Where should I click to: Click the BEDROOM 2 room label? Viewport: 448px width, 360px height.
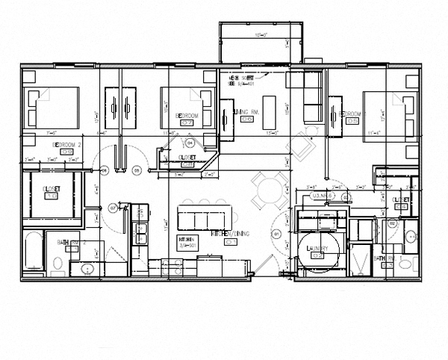tap(66, 142)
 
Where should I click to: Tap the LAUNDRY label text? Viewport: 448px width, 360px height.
tap(317, 246)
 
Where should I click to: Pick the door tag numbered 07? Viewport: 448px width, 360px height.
tap(113, 208)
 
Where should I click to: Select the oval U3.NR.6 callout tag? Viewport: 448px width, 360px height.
tap(322, 195)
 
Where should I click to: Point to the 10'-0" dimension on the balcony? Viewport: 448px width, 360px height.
tap(261, 34)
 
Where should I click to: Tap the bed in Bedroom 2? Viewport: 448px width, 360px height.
tap(53, 108)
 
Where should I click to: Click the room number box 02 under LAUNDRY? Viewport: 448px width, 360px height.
tap(317, 255)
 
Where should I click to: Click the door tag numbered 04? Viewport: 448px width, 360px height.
tap(190, 142)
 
